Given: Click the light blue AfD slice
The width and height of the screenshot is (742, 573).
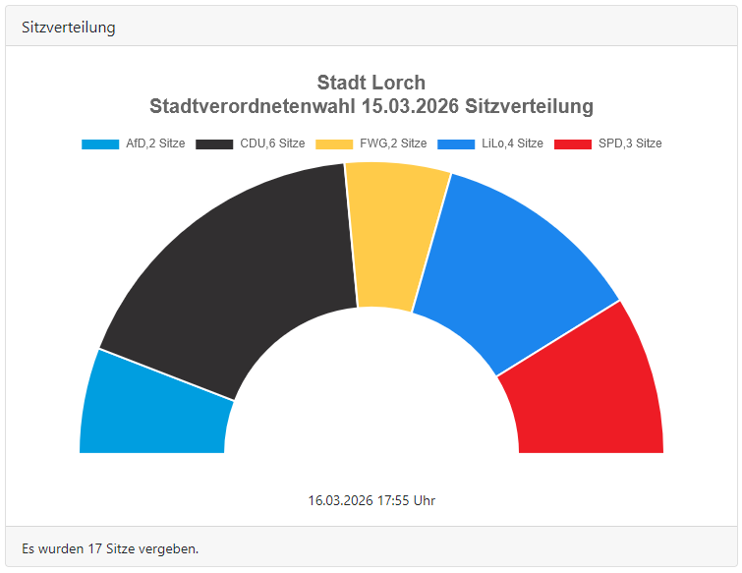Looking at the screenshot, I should coord(152,408).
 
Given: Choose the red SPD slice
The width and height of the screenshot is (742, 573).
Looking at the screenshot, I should coord(590,393).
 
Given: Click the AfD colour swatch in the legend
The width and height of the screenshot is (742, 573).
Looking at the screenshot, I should coord(100,143).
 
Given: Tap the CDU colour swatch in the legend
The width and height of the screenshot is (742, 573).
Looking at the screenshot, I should coord(214,143).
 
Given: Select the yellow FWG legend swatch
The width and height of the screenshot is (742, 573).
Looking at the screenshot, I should coord(334,143).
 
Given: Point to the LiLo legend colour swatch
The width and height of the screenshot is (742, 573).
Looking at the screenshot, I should coord(456,143).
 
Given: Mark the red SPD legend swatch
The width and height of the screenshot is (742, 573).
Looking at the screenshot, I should coord(573,143).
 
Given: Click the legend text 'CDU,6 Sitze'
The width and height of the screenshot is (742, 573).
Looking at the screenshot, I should coord(272,143).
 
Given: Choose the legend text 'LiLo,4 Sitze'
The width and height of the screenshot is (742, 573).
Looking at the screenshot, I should coord(512,143).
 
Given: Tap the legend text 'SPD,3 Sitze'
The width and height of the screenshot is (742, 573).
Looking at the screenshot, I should coord(630,143).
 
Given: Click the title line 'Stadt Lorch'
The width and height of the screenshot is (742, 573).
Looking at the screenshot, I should coord(371,83).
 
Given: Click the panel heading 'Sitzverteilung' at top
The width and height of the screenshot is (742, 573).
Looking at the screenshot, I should coord(69,28).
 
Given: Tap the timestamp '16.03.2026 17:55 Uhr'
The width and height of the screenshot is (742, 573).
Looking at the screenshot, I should coord(371,500).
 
